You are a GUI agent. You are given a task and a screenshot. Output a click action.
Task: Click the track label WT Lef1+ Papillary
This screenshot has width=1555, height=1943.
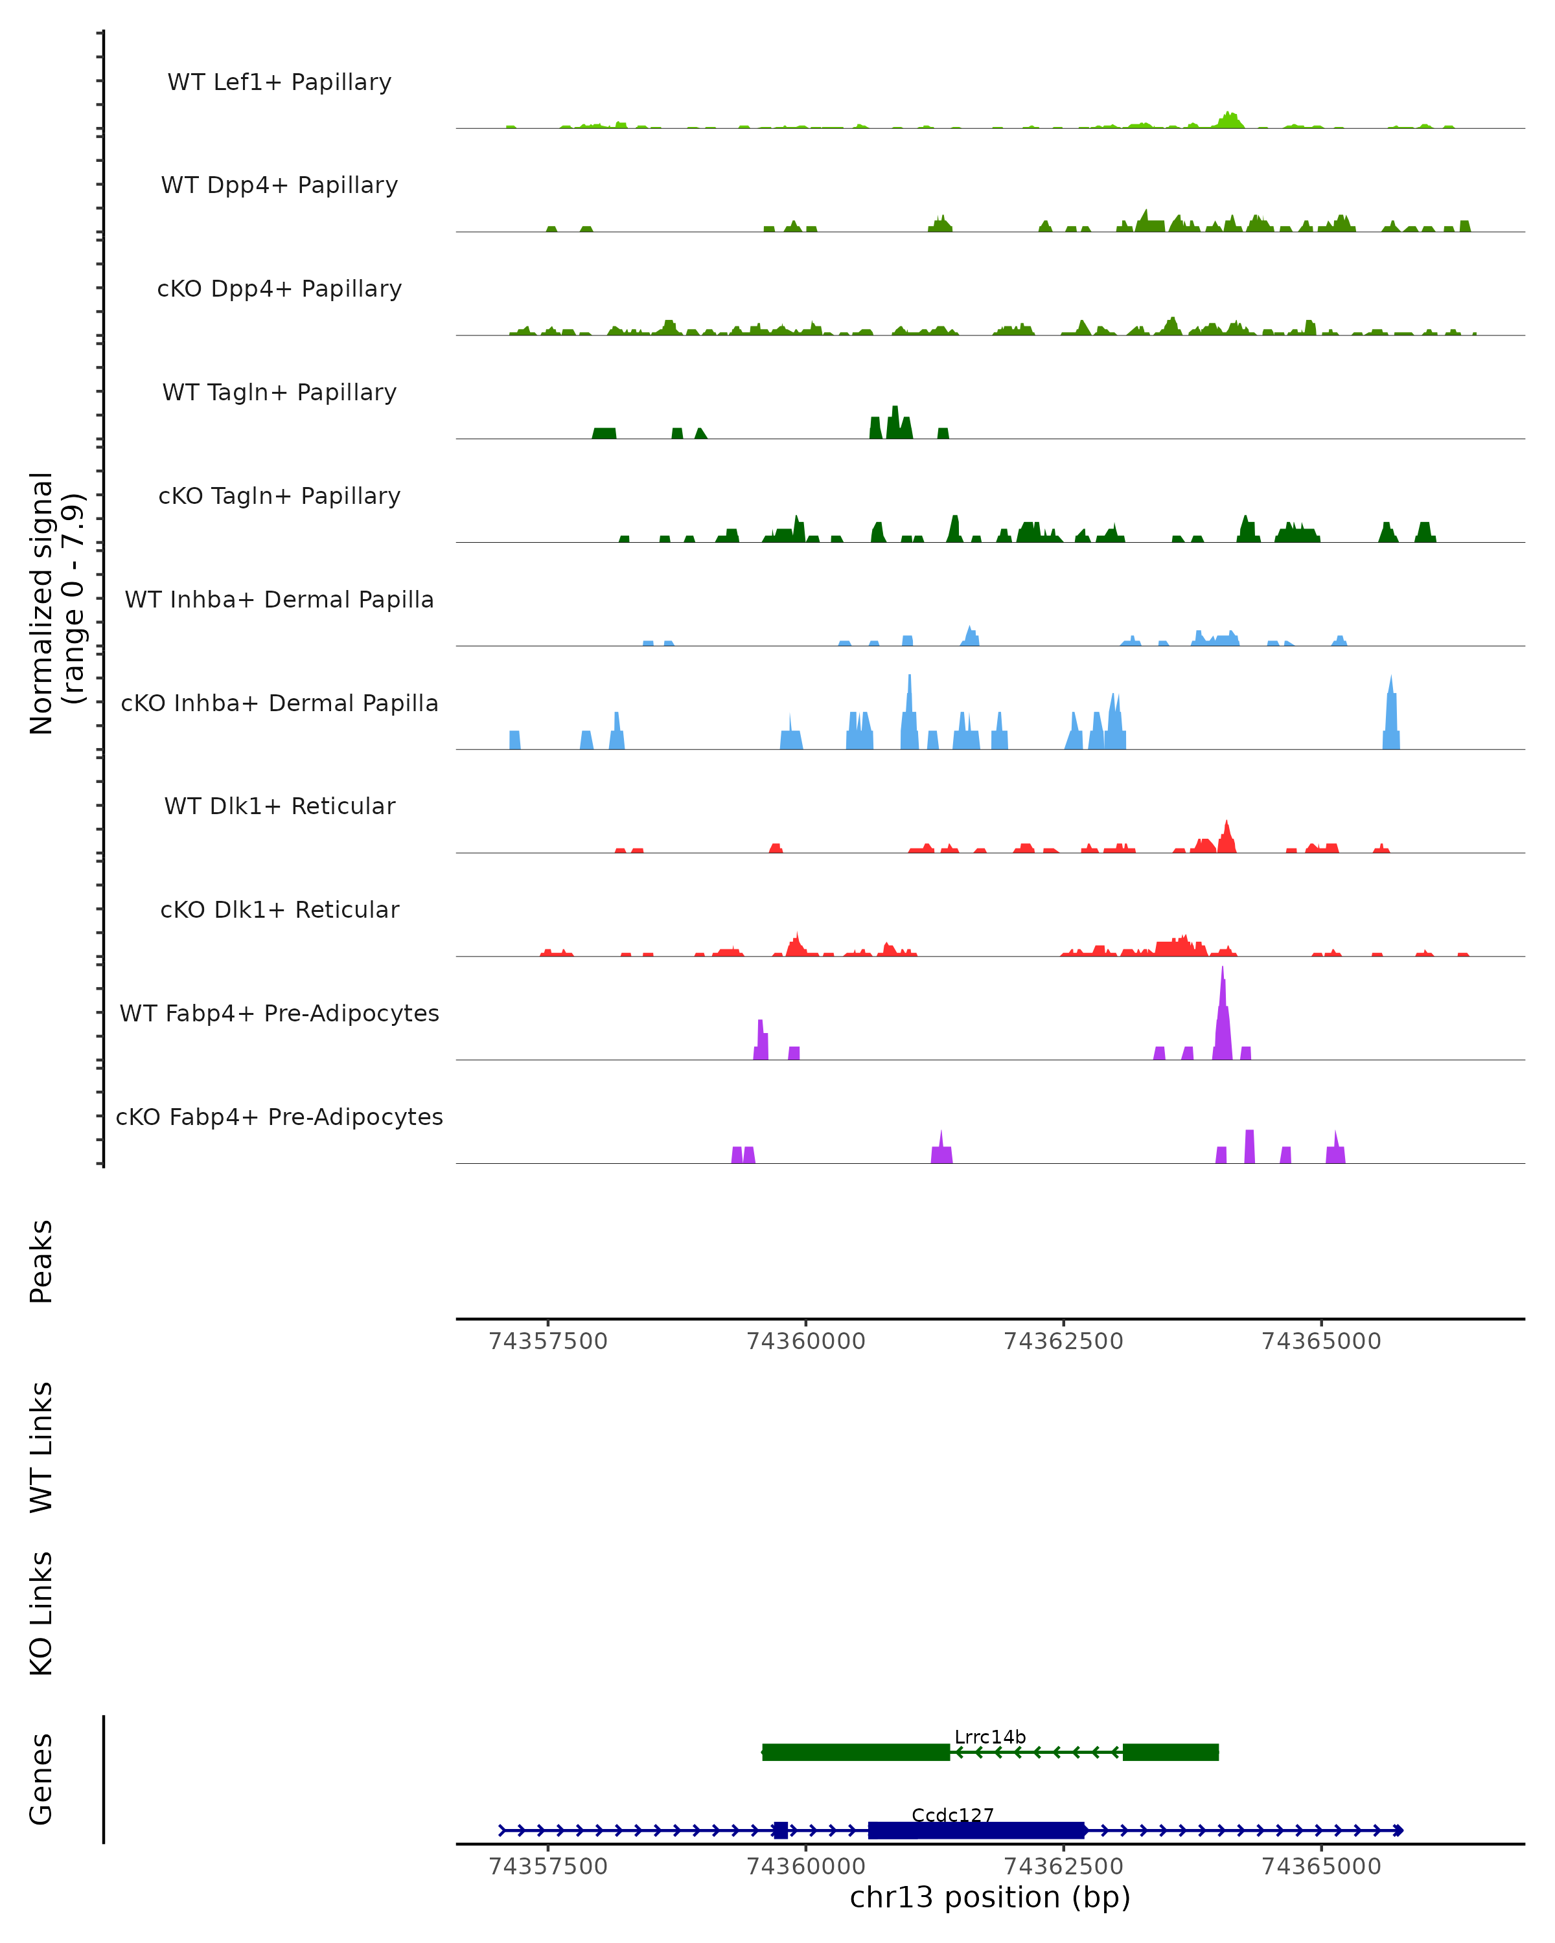[x=279, y=82]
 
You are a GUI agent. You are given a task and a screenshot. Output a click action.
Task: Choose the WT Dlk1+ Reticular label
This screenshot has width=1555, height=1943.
[x=279, y=806]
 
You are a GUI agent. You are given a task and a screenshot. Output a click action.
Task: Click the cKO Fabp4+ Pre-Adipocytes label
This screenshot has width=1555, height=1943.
[x=279, y=1117]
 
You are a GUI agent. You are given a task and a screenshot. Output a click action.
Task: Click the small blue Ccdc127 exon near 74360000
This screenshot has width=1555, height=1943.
[x=781, y=1830]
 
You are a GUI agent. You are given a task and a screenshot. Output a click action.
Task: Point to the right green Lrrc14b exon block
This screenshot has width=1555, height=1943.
[x=1170, y=1752]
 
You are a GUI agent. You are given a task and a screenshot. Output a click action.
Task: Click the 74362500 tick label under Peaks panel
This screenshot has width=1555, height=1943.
[x=1064, y=1341]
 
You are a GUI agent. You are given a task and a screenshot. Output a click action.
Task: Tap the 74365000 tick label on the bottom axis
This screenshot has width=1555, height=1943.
[x=1322, y=1867]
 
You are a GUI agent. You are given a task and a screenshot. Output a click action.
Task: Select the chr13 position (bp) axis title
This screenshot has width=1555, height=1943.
[x=990, y=1898]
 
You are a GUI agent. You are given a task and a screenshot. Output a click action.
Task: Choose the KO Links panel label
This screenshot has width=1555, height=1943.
[x=41, y=1613]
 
